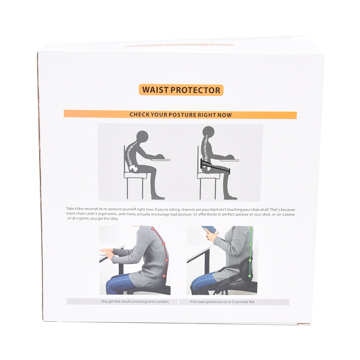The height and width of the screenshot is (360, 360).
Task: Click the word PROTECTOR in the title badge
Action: tap(195, 90)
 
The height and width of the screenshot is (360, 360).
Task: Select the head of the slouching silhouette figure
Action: tap(142, 137)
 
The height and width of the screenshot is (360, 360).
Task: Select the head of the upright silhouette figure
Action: tap(208, 132)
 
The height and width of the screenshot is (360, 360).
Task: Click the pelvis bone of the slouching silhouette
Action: tap(134, 168)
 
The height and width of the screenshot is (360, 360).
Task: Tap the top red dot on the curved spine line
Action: tap(153, 229)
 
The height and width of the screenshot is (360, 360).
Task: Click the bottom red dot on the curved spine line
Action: tap(164, 276)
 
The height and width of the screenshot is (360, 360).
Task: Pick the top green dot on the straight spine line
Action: tap(251, 229)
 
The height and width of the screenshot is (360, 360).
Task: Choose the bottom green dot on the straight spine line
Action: tap(250, 276)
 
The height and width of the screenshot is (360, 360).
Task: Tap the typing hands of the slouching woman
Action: tap(107, 253)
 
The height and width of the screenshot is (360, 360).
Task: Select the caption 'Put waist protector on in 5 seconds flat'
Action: tap(222, 302)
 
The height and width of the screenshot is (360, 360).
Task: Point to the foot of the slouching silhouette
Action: tap(158, 198)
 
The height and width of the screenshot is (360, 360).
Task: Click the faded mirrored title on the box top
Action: tap(180, 45)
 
